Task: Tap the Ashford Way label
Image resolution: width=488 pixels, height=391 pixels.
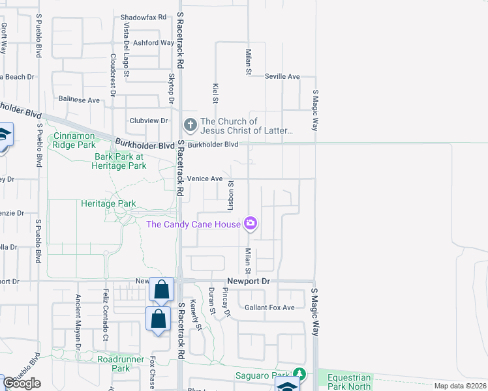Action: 154,43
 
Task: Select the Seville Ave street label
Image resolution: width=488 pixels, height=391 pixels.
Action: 282,76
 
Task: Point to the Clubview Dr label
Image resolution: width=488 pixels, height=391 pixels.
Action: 149,121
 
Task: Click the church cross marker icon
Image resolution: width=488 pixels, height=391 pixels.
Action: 190,124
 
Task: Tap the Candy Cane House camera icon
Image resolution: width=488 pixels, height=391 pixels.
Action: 251,224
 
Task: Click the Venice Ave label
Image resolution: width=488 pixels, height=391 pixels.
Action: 205,178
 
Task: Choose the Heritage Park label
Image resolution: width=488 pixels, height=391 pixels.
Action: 108,203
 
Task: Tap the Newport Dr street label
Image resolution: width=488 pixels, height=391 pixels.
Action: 248,281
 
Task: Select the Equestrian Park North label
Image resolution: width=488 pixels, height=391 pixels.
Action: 348,382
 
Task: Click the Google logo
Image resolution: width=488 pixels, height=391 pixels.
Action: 22,383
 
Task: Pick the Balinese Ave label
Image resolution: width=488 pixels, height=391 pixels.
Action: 79,100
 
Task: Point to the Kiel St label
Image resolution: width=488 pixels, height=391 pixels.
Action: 215,93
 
